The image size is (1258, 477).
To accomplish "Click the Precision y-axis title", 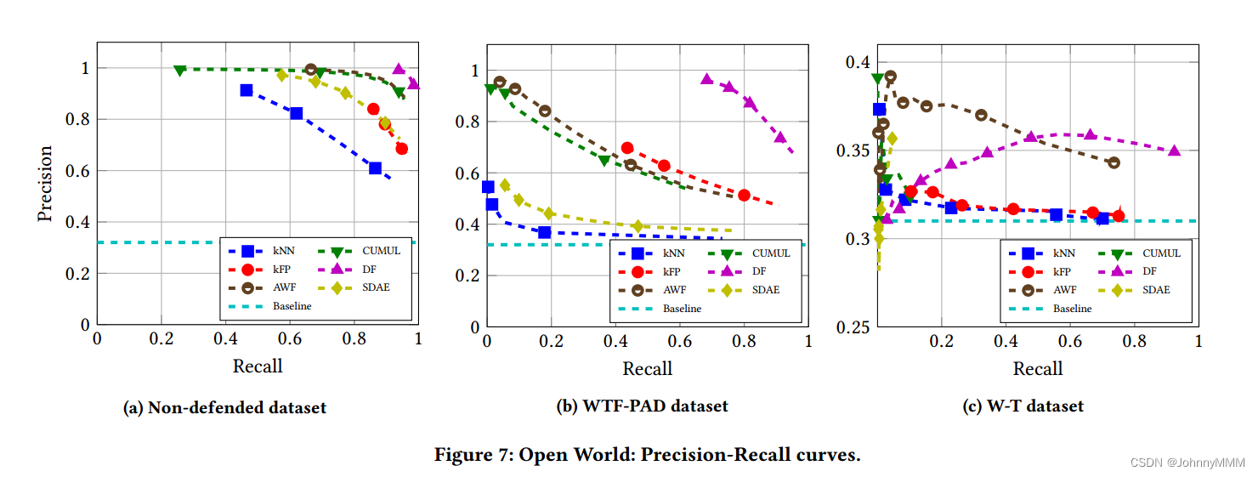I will [x=45, y=184].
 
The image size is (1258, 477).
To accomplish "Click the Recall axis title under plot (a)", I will [x=258, y=366].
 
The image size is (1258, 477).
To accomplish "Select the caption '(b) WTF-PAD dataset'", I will [x=642, y=406].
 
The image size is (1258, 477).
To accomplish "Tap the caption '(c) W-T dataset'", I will [x=1023, y=406].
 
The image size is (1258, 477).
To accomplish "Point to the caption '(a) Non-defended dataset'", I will [x=224, y=407].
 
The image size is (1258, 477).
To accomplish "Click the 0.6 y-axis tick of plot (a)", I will [x=78, y=171].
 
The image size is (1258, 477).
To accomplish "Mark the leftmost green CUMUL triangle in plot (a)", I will [x=179, y=70].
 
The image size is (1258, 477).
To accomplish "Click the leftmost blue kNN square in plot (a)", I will [x=246, y=90].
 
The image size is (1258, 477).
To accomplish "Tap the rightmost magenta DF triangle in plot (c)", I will [x=1174, y=150].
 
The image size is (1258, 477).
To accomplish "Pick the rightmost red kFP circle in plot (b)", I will [x=744, y=195].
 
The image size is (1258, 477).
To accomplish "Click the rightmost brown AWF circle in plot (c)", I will [x=1113, y=162].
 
